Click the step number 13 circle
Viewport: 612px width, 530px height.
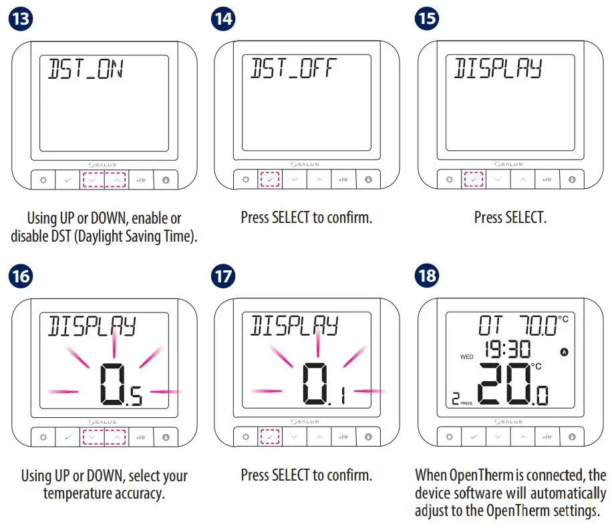tap(20, 18)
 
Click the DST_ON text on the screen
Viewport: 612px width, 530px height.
tap(85, 69)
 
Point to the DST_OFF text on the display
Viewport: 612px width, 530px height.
tap(293, 69)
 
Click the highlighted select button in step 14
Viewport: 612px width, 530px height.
tap(269, 180)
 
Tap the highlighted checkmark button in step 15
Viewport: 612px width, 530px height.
tap(473, 180)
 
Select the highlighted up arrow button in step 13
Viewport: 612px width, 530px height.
tap(117, 180)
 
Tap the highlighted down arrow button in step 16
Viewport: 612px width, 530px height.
tap(92, 437)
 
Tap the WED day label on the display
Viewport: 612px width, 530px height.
tap(466, 357)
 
